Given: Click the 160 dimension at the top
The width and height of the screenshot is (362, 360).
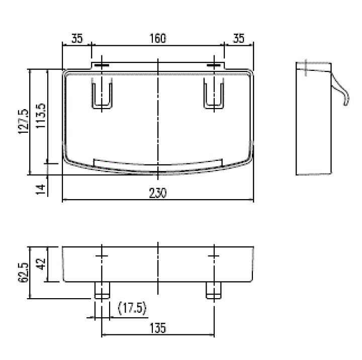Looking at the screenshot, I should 158,39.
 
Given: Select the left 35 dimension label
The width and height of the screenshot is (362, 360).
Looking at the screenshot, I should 77,39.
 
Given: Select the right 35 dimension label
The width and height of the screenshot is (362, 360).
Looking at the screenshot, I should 239,39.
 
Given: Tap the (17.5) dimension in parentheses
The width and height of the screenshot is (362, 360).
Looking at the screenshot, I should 132,308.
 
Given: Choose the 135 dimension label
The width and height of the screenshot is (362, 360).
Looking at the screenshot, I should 158,328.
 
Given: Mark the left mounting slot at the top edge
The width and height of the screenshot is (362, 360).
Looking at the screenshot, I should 101,65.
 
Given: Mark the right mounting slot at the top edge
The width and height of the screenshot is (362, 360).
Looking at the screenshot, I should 215,65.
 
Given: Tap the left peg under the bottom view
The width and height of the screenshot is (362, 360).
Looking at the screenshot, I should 102,291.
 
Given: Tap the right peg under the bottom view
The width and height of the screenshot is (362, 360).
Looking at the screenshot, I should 214,291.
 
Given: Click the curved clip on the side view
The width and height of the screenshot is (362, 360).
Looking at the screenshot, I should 340,91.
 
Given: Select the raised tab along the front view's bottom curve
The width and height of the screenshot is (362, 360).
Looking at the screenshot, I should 158,163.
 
